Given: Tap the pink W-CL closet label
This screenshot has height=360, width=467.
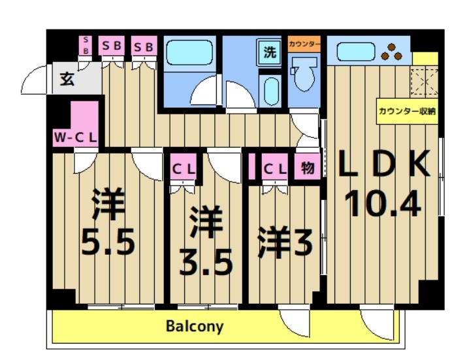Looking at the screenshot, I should coord(76,138).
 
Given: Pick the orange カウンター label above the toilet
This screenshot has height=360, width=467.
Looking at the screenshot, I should coord(304,44).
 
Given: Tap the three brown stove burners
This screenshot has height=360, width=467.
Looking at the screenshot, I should coord(392,52).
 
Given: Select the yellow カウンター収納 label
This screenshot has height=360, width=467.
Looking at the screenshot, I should coord(407,111).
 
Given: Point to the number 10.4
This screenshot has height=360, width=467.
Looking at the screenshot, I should coord(383,206).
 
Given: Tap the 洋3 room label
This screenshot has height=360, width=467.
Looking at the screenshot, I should coord(284,242).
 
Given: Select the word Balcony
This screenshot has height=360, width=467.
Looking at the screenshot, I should coord(194,326).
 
